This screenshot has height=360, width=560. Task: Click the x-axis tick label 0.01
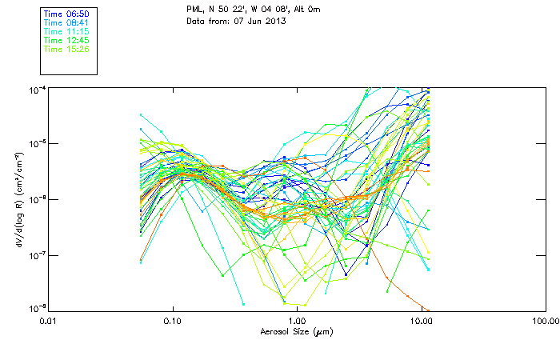(49, 322)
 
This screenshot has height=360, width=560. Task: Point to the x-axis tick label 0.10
(173, 322)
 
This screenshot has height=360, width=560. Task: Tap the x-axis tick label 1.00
(297, 322)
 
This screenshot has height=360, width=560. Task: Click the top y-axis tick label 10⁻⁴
(35, 89)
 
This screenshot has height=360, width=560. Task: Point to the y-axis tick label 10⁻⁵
(35, 144)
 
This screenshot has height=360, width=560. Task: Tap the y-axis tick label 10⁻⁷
(35, 255)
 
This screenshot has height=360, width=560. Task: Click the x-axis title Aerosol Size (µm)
(296, 331)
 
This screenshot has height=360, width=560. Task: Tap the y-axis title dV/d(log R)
(17, 198)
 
